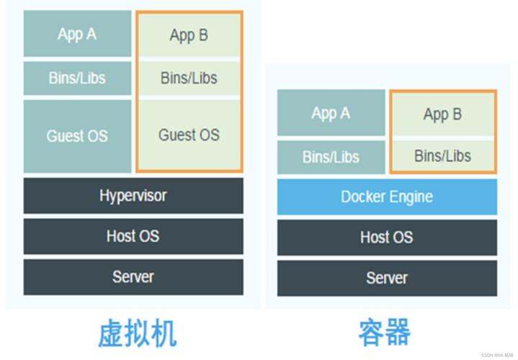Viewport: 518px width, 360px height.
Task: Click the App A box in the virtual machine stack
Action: (x=77, y=34)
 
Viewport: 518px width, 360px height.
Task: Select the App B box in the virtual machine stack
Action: (x=189, y=35)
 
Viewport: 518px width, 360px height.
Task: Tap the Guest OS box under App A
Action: (x=77, y=136)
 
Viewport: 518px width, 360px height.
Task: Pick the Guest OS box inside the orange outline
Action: (x=189, y=135)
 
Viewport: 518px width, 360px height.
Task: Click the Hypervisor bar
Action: (x=133, y=196)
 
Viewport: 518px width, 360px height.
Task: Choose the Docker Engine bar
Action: (x=387, y=197)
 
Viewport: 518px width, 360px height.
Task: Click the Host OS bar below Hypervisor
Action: (x=133, y=236)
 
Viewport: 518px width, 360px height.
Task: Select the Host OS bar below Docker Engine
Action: (x=387, y=238)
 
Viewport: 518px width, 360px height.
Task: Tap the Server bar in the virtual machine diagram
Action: (x=133, y=276)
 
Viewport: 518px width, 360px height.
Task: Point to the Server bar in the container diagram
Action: (x=387, y=278)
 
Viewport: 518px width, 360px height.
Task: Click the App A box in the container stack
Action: (x=331, y=113)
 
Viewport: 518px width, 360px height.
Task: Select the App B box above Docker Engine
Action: (x=442, y=114)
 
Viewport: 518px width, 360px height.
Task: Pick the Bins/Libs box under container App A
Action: (x=331, y=156)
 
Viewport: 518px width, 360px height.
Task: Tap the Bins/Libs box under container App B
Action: (x=442, y=156)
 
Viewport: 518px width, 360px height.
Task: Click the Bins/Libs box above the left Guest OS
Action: (x=77, y=78)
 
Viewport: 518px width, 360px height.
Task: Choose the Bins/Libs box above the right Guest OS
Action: (x=189, y=77)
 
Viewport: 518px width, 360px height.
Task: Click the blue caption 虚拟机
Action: (x=136, y=333)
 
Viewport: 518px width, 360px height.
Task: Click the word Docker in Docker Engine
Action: (x=364, y=197)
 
